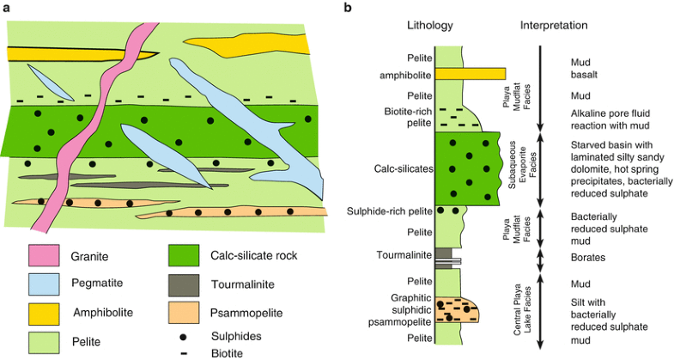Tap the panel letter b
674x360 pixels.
[x=347, y=8]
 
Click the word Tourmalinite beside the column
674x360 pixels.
[x=402, y=255]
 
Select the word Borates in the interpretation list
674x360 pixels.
[x=588, y=257]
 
